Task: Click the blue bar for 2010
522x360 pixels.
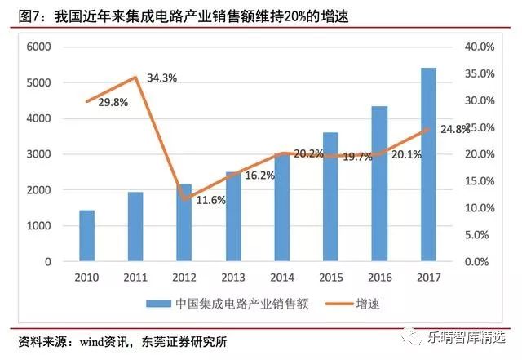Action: pos(86,236)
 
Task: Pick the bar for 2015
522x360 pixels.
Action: pos(330,197)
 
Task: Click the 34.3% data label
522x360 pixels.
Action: pos(162,78)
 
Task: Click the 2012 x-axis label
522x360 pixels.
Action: pos(184,278)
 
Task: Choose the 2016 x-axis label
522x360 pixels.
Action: pos(379,278)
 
